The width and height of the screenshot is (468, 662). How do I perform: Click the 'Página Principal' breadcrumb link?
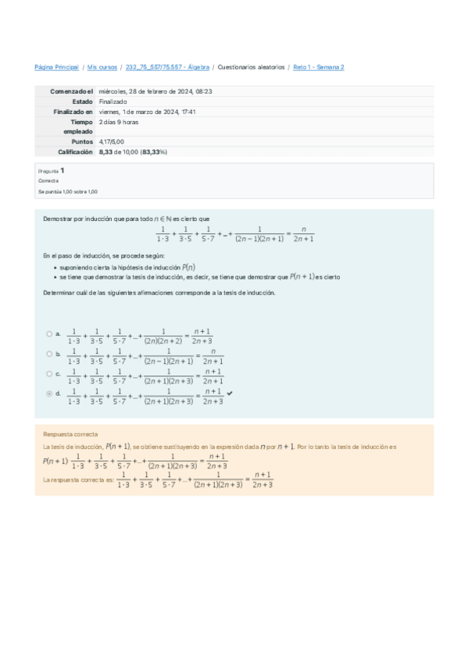click(x=57, y=68)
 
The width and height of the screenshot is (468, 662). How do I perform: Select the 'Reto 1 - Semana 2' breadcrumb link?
click(x=318, y=68)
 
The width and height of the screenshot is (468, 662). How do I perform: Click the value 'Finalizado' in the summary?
click(x=113, y=101)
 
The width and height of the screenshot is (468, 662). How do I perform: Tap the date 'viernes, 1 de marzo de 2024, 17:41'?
click(x=147, y=112)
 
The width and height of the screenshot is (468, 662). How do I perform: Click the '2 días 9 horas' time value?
click(x=118, y=122)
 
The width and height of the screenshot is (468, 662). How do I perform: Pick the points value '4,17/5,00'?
click(x=112, y=142)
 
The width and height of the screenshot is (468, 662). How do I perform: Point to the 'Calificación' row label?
click(x=75, y=152)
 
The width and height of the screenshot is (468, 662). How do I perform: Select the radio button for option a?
click(x=48, y=334)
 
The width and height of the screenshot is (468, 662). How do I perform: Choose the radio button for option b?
click(x=48, y=354)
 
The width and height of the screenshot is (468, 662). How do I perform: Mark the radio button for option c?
click(x=48, y=374)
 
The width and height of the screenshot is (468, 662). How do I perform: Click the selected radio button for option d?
click(x=48, y=394)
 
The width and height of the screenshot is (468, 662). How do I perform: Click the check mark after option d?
click(x=230, y=393)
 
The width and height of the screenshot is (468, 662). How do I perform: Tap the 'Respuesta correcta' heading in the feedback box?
click(x=70, y=433)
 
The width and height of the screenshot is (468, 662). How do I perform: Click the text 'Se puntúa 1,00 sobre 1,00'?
click(x=68, y=191)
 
